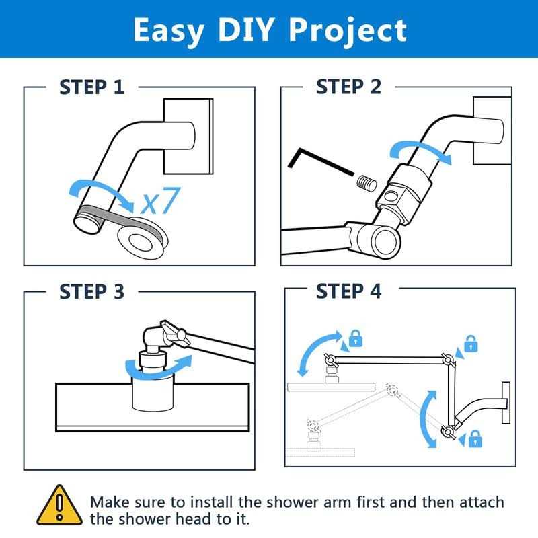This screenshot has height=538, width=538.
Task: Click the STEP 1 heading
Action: click(92, 87)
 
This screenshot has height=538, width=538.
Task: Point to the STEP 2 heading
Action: click(348, 87)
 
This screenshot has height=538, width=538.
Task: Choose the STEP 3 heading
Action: click(92, 292)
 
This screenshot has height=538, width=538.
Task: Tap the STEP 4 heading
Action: click(348, 292)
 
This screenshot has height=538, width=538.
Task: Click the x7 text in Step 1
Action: click(161, 200)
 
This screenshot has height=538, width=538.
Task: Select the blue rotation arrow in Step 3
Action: click(158, 368)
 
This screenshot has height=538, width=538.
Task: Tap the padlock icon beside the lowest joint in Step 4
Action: click(475, 440)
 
